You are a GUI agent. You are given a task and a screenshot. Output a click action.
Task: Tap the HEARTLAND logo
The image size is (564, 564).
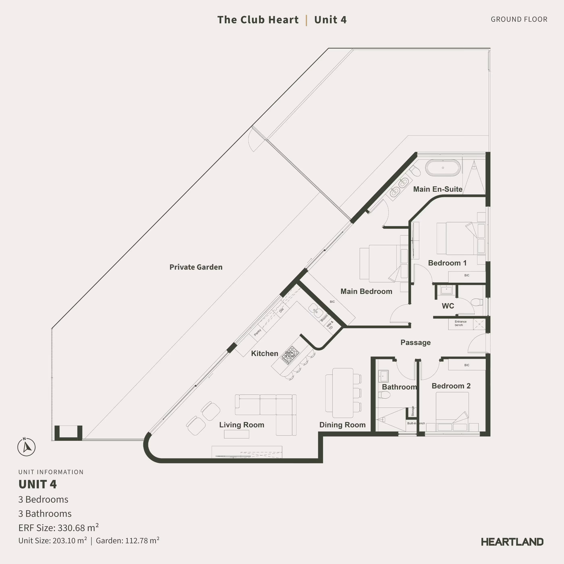pos(512,542)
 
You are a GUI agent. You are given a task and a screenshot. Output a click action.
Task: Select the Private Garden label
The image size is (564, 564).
pos(196,267)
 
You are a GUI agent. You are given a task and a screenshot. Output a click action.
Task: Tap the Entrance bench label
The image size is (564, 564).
pos(460,323)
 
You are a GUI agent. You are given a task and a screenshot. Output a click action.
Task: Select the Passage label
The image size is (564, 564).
pos(415,342)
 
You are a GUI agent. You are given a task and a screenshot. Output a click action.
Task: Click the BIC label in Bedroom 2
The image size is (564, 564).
pos(467,365)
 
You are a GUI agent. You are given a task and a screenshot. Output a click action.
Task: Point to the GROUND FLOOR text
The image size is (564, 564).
pos(519,19)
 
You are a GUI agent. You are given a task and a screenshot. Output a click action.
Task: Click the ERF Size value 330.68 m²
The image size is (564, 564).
pos(78,528)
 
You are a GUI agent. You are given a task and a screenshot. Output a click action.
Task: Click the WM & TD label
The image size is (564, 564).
pos(330,325)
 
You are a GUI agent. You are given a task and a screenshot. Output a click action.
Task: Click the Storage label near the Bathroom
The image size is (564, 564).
pos(413,411)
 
